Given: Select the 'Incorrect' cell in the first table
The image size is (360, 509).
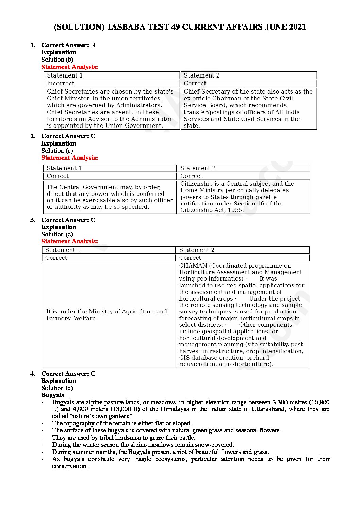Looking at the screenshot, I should click(60, 83).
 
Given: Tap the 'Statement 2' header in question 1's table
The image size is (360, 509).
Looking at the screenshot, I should click(202, 75).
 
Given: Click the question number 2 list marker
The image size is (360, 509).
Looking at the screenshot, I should click(33, 136).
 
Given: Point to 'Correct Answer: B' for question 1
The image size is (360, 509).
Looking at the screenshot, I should click(68, 45).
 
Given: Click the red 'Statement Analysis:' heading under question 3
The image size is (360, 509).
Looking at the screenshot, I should click(69, 241).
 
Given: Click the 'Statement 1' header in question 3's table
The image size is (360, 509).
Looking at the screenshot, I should click(63, 250).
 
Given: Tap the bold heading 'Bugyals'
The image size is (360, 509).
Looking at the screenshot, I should click(52, 395).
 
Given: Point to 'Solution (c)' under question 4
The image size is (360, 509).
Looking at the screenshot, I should click(57, 388).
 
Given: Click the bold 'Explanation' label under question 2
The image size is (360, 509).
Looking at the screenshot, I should click(59, 143).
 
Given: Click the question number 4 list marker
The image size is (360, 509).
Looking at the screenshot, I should click(33, 374).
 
